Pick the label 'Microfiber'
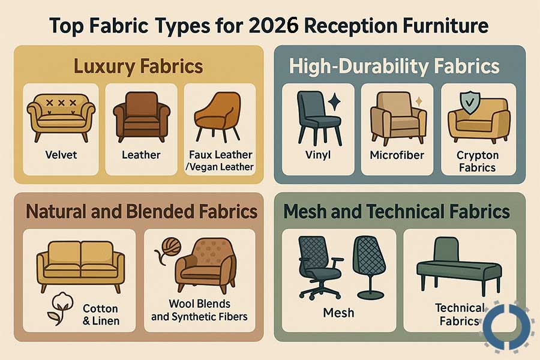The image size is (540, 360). click(x=397, y=155)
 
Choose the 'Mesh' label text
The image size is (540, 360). click(x=338, y=313)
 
